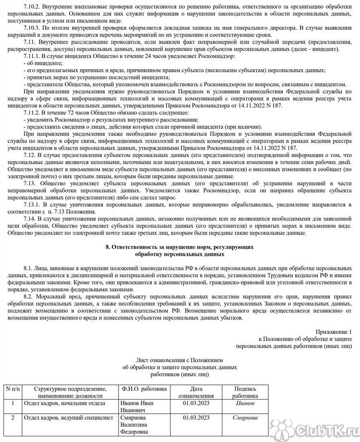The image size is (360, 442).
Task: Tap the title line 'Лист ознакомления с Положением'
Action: pos(180,359)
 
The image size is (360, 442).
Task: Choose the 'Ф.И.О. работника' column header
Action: pos(144,388)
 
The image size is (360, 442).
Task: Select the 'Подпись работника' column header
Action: pos(245,392)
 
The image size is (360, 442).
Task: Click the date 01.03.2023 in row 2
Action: pos(196,418)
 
